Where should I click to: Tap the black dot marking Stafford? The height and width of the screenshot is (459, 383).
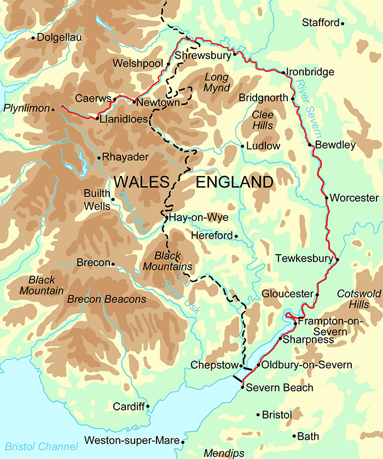coord(343,23)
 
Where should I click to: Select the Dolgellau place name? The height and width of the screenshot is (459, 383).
coord(60,38)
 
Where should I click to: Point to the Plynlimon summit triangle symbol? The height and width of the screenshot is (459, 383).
coord(53,109)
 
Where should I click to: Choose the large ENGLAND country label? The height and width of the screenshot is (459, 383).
coord(234,182)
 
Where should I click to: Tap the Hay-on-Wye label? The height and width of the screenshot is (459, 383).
coord(198,218)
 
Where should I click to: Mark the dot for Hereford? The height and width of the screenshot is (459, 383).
coord(236,236)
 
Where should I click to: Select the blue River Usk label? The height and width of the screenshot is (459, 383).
coord(183,298)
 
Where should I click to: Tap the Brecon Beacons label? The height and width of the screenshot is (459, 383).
coord(107,299)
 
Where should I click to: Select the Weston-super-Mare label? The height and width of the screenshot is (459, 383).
coord(132,440)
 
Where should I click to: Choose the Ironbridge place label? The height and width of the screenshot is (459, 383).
coord(311,72)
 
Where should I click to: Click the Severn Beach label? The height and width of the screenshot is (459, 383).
coord(280,388)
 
